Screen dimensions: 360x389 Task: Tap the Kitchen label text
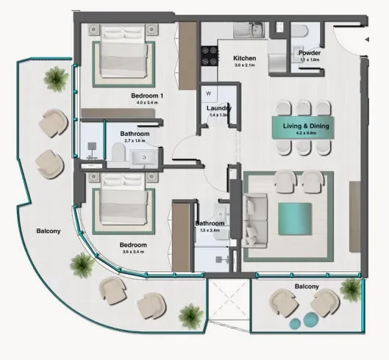click(x=244, y=58)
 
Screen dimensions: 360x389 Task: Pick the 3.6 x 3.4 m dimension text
click(x=133, y=252)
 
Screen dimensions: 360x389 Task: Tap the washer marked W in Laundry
click(x=209, y=93)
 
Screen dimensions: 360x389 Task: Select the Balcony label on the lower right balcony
click(x=307, y=287)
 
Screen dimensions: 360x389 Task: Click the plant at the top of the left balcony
click(x=55, y=75)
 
